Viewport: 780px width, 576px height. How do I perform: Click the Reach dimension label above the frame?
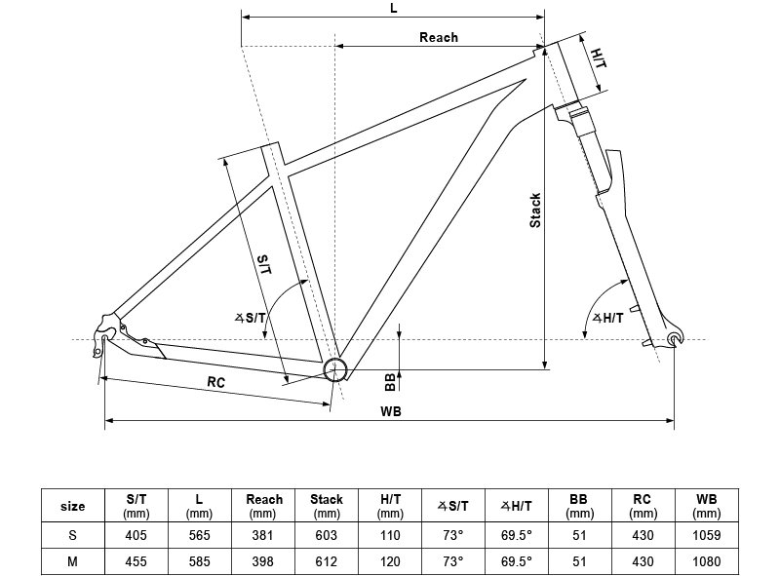coord(438,37)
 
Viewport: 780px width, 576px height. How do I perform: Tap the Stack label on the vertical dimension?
coord(535,211)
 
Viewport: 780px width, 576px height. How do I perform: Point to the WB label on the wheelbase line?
coord(391,411)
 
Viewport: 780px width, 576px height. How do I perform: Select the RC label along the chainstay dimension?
coord(215,382)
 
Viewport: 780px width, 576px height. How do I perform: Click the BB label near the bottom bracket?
coord(391,382)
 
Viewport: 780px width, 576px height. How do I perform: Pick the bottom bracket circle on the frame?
coord(334,369)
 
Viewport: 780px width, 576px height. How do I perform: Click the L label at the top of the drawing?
coord(394,8)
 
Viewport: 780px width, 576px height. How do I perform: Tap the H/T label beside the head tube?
coord(599,58)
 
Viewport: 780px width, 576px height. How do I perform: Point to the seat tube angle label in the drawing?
coord(251,318)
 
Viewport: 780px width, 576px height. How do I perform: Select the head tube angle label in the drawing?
coord(607,318)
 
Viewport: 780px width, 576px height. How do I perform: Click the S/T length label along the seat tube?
coord(264,265)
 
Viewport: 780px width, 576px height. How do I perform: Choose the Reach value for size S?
coord(262,535)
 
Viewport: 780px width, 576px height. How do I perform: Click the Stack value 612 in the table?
coord(327,561)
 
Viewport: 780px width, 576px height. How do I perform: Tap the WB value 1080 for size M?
coord(706,561)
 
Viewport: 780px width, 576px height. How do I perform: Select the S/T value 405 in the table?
coord(136,535)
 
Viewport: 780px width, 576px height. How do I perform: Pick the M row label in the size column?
coord(72,561)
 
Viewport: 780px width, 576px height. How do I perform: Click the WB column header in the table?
coord(706,506)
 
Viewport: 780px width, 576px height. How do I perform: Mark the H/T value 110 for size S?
coord(390,535)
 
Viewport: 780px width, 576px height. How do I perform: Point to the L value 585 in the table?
coord(200,561)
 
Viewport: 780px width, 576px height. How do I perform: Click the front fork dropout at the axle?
coord(674,339)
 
